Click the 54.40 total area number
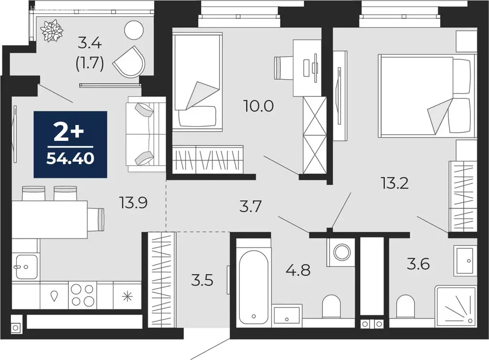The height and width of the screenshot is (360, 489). (70, 158)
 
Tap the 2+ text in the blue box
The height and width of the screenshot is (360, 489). (70, 133)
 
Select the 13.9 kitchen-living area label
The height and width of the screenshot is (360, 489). (133, 203)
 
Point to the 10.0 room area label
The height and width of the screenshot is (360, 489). (258, 106)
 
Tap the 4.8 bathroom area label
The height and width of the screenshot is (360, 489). (298, 270)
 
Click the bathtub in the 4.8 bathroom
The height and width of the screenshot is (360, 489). (253, 286)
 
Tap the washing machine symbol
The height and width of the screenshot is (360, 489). (340, 252)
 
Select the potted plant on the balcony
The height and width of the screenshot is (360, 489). (51, 31)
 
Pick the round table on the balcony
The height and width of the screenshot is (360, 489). (134, 31)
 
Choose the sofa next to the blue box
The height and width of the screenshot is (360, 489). (145, 134)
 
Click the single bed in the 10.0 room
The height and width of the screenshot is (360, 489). (197, 81)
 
